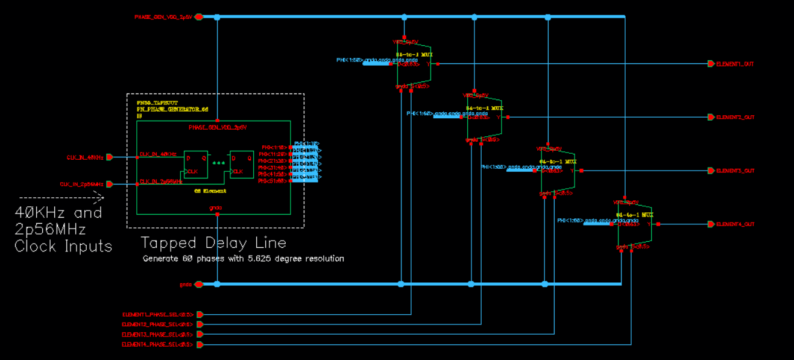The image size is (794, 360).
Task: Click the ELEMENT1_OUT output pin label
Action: coord(734,64)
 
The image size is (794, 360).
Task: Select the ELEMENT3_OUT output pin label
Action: coord(734,171)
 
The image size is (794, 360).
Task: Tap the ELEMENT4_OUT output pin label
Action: coord(734,224)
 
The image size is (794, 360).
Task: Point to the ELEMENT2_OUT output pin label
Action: coord(734,118)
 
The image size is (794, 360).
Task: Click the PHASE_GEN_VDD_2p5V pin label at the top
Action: coord(163,17)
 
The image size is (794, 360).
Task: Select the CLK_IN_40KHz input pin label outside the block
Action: coord(85,157)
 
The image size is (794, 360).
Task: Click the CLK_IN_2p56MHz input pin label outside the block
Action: coord(81,185)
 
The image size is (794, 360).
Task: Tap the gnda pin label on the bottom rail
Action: coord(185,285)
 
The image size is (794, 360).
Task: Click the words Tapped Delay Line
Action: coord(213,243)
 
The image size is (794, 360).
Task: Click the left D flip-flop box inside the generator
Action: coord(196,164)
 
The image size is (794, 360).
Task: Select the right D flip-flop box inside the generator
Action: coord(241,164)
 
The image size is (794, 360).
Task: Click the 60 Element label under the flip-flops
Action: coord(210,191)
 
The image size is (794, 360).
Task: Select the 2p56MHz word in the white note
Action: coord(50,230)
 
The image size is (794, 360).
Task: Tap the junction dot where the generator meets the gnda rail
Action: coord(217,284)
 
